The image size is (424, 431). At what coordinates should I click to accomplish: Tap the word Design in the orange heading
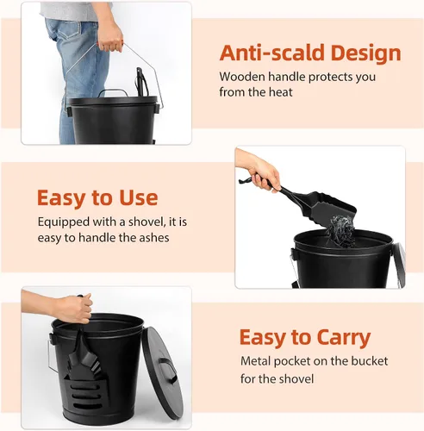tap(365, 54)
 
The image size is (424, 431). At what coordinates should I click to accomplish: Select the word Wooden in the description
tap(242, 77)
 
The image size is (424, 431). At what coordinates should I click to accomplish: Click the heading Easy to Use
tap(97, 197)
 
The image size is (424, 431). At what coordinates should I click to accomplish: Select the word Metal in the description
tap(255, 361)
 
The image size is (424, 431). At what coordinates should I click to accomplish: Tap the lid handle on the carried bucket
tap(113, 92)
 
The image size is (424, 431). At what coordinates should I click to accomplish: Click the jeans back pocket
tap(70, 33)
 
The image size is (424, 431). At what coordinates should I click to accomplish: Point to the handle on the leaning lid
tap(168, 370)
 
